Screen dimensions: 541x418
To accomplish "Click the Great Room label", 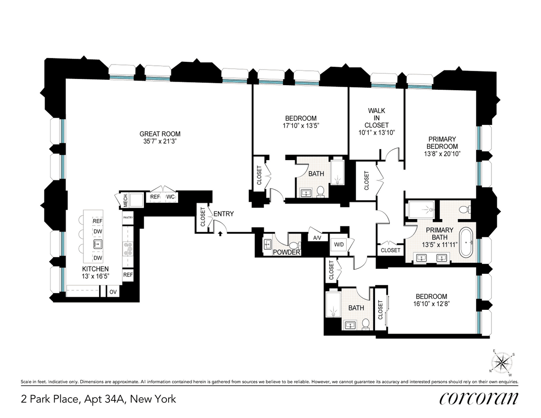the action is click(160, 134).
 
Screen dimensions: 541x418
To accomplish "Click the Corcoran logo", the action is click(478, 398).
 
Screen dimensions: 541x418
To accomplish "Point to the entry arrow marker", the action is click(220, 234).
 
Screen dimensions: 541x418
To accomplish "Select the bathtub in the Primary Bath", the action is click(466, 242).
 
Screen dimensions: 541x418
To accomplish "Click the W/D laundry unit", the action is click(339, 244).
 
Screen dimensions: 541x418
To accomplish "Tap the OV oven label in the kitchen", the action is click(113, 292).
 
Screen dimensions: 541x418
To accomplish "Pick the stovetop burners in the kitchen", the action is click(128, 249).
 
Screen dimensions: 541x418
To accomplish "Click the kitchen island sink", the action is click(97, 244).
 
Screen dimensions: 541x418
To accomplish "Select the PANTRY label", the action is click(128, 217).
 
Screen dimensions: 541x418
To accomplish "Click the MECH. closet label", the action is click(125, 200).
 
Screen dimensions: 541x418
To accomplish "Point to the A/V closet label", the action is click(317, 238).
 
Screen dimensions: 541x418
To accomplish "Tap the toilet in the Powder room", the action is click(294, 245).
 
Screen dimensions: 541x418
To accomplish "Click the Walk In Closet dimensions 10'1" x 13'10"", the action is click(376, 133).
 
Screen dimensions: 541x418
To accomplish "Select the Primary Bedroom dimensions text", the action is click(442, 154).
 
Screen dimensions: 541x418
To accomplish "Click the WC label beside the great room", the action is click(170, 197).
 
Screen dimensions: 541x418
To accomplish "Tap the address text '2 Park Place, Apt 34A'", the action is click(74, 400).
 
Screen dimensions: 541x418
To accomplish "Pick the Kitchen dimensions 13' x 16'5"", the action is click(96, 276).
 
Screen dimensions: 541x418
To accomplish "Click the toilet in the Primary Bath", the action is click(464, 210).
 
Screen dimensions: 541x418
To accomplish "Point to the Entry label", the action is click(224, 214).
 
